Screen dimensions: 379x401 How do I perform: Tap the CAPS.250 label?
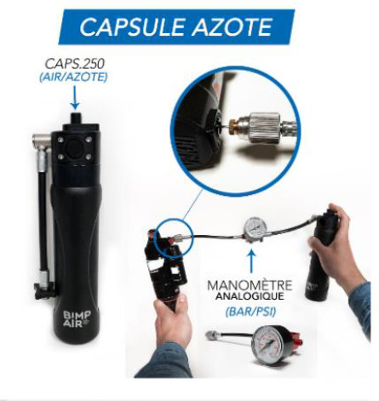pyautogui.click(x=75, y=64)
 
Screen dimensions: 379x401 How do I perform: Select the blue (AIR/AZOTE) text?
pyautogui.click(x=73, y=77)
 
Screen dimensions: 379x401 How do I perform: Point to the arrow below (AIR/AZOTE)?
pyautogui.click(x=75, y=98)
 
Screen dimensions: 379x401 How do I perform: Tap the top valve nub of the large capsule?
pyautogui.click(x=75, y=118)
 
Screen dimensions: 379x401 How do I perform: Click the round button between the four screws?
pyautogui.click(x=74, y=148)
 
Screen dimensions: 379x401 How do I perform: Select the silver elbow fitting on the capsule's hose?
pyautogui.click(x=42, y=141)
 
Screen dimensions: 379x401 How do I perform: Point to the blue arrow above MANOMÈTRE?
pyautogui.click(x=251, y=259)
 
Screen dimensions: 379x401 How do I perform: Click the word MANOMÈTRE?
pyautogui.click(x=250, y=285)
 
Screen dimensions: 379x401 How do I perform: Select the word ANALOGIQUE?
pyautogui.click(x=250, y=296)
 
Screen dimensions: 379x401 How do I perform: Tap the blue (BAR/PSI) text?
pyautogui.click(x=250, y=312)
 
